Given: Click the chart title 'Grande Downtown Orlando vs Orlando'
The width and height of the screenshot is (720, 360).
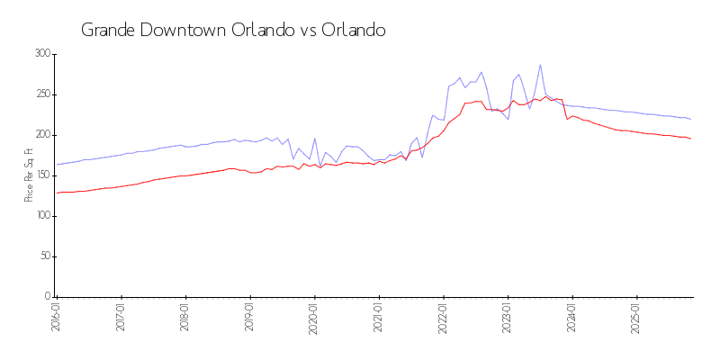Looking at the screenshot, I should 233,30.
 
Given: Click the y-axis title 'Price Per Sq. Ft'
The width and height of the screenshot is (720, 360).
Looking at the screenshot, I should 29,175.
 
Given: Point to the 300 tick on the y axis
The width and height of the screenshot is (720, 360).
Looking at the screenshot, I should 42,54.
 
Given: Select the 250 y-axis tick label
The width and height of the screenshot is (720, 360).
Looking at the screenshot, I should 42,94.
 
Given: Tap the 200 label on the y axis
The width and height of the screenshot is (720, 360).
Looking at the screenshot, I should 42,135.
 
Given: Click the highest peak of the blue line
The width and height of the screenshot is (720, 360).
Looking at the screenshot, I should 540,65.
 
